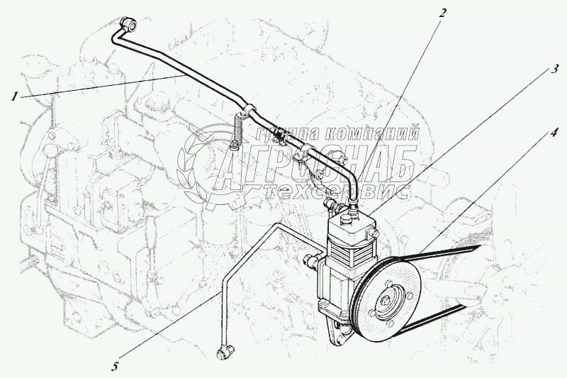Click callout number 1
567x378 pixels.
click(x=14, y=96)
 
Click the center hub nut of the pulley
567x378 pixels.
click(x=386, y=303)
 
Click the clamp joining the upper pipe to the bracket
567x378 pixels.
click(x=249, y=110)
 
